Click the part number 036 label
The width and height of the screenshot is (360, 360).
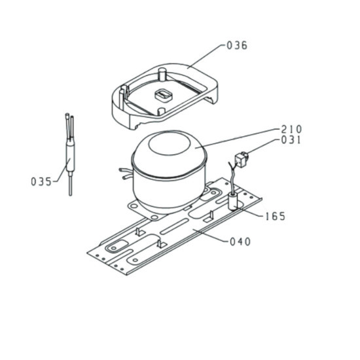click(237, 45)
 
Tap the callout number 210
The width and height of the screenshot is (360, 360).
click(291, 129)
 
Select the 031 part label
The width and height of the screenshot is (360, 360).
click(291, 140)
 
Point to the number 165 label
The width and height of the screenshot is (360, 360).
click(275, 216)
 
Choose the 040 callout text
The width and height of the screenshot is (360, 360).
click(240, 242)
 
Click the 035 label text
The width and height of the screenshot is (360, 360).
click(41, 181)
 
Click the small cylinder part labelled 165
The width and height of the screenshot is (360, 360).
click(232, 202)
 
